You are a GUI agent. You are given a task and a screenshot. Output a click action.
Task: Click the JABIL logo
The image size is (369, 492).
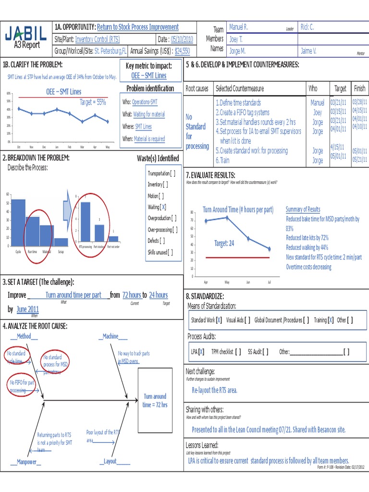(26, 33)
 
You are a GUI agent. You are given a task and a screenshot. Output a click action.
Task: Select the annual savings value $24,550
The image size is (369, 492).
(182, 50)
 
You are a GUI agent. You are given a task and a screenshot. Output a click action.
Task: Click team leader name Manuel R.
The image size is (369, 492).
(238, 27)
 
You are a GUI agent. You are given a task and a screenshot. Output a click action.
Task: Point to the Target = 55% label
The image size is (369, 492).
(93, 102)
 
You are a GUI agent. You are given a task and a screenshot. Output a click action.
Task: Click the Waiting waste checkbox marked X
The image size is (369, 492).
(164, 207)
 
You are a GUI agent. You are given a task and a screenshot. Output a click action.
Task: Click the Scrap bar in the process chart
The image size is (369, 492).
(61, 241)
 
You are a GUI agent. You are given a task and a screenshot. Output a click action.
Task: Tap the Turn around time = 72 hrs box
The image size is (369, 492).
(155, 401)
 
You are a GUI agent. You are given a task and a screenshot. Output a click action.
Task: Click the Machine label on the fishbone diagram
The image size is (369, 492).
(110, 336)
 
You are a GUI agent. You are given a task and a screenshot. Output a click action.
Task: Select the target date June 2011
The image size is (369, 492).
(28, 309)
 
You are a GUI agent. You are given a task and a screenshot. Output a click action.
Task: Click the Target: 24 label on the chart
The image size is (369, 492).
(224, 244)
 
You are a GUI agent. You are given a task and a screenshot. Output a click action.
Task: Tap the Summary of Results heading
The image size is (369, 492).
(303, 209)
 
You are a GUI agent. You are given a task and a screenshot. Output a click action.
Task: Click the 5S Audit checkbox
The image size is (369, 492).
(266, 352)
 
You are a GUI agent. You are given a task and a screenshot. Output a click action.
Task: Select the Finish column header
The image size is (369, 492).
(359, 88)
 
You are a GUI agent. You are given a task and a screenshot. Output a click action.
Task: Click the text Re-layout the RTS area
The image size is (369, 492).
(214, 390)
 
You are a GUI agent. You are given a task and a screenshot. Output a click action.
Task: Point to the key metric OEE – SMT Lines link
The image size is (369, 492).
(148, 76)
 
